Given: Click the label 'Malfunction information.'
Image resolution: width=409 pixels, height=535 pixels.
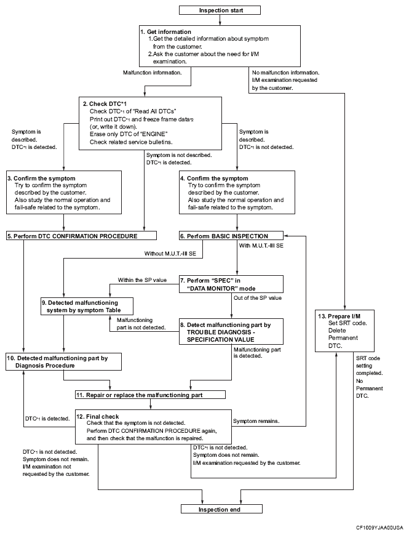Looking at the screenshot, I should (153, 73).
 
